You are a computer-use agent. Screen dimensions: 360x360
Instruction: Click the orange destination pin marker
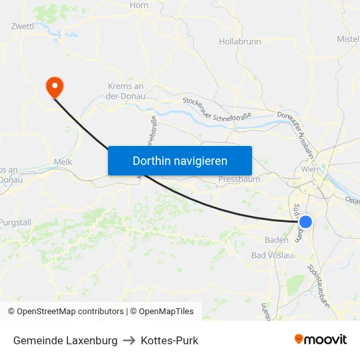click(x=54, y=86)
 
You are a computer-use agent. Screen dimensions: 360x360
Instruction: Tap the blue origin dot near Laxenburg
click(x=305, y=222)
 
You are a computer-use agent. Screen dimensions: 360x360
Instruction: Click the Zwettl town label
click(x=23, y=26)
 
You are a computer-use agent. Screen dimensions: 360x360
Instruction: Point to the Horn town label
click(x=139, y=5)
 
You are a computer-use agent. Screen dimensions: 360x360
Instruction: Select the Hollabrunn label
click(x=240, y=41)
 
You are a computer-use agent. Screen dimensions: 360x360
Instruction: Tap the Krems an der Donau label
click(x=125, y=91)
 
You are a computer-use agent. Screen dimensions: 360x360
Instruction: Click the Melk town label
click(x=63, y=162)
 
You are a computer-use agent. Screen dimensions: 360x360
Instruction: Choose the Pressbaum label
click(x=239, y=179)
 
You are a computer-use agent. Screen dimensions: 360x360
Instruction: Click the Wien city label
click(x=310, y=169)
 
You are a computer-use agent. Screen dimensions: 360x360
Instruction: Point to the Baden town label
click(x=276, y=240)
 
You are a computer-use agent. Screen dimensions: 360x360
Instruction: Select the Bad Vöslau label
click(x=272, y=255)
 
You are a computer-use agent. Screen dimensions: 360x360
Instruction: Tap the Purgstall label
click(x=15, y=223)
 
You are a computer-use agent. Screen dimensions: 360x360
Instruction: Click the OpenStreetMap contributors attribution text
click(x=65, y=312)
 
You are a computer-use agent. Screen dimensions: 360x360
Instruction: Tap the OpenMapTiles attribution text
click(x=162, y=312)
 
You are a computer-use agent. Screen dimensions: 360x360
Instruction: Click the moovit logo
click(x=321, y=340)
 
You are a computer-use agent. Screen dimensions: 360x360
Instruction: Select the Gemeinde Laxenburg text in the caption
click(x=65, y=340)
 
